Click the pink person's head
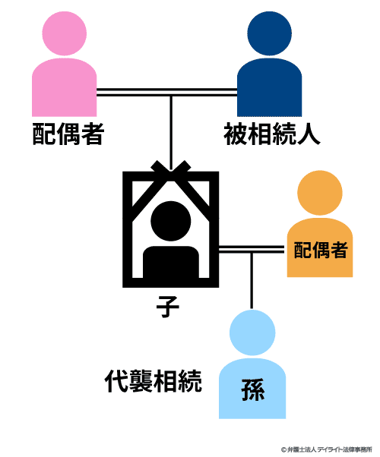pyautogui.click(x=64, y=33)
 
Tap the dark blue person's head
pyautogui.click(x=269, y=33)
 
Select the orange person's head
pyautogui.click(x=320, y=193)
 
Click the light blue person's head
pyautogui.click(x=252, y=333)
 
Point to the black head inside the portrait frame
pyautogui.click(x=171, y=221)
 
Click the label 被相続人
pyautogui.click(x=272, y=134)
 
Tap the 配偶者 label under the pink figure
pyautogui.click(x=68, y=134)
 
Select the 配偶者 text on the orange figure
pyautogui.click(x=321, y=250)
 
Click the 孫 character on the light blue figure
pyautogui.click(x=253, y=390)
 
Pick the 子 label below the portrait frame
pyautogui.click(x=167, y=307)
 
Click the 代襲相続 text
pyautogui.click(x=154, y=381)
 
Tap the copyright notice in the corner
pyautogui.click(x=327, y=449)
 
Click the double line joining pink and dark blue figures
pyautogui.click(x=166, y=92)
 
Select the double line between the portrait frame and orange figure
pyautogui.click(x=252, y=250)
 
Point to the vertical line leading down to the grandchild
pyautogui.click(x=252, y=281)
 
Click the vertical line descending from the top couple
pyautogui.click(x=171, y=133)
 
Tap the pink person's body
pyautogui.click(x=64, y=87)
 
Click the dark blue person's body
pyautogui.click(x=269, y=87)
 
